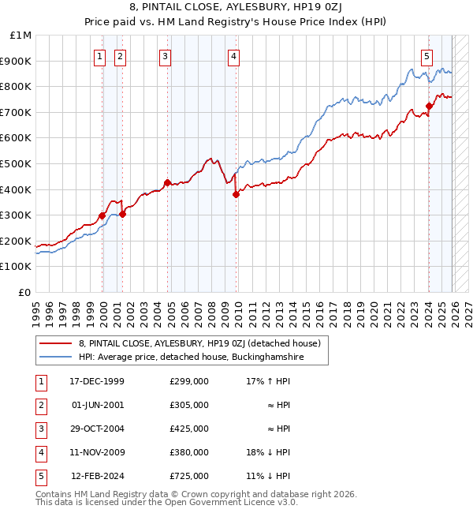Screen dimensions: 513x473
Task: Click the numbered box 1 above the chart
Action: [x=101, y=56]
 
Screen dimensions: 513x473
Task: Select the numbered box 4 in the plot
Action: [x=235, y=56]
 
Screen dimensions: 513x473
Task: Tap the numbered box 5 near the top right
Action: [x=426, y=56]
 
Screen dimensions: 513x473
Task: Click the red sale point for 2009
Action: [x=236, y=194]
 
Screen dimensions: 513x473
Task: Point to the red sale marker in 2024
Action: [x=430, y=106]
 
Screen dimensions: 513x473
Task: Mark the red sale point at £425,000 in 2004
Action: [x=167, y=183]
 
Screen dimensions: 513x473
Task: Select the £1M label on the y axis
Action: [x=21, y=35]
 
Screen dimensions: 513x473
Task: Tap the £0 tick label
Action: [x=25, y=292]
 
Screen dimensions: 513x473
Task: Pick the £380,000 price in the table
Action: [x=188, y=452]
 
